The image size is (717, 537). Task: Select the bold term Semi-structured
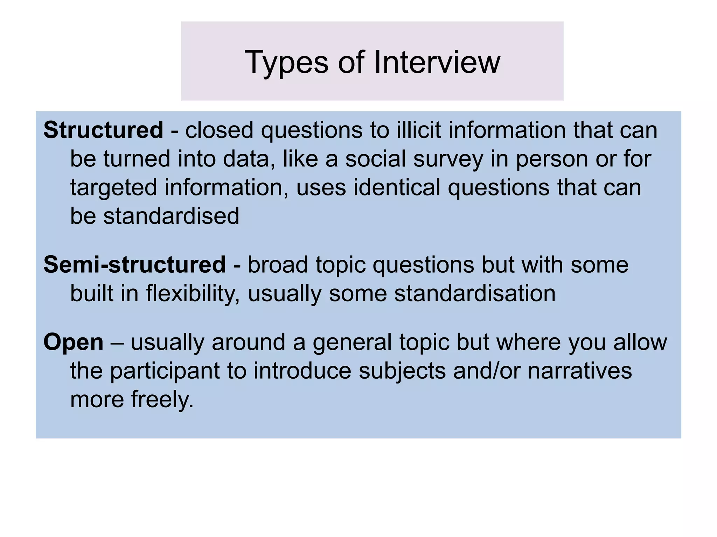134,264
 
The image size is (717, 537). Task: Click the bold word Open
73,342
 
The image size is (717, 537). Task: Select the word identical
397,188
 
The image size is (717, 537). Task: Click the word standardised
171,216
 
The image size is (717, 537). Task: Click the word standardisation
475,293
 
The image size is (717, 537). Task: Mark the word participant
165,371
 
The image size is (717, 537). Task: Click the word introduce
302,371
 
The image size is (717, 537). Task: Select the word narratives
579,371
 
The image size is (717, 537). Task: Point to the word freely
162,400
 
